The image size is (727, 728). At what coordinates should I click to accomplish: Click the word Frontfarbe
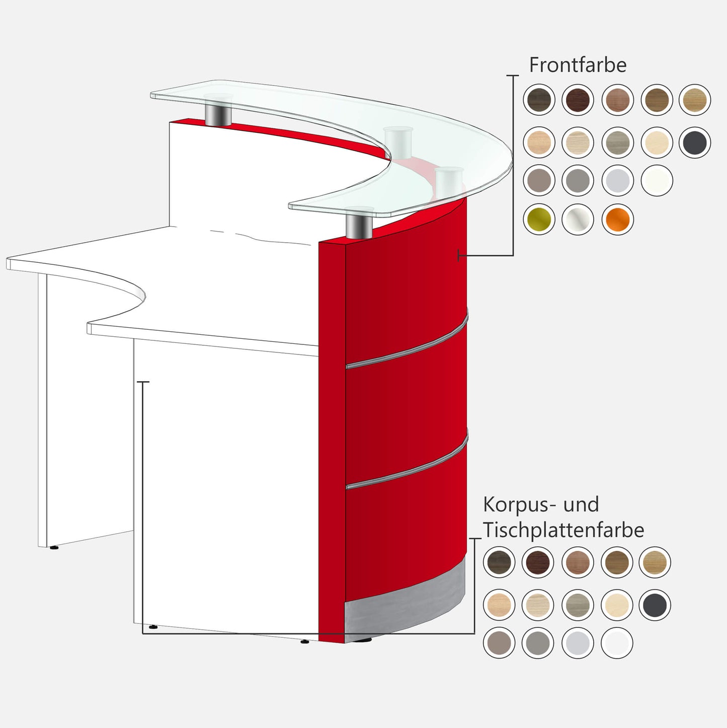(x=578, y=65)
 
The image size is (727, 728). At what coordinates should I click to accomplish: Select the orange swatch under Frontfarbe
(x=617, y=220)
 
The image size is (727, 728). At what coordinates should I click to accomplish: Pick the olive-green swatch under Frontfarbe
(x=539, y=220)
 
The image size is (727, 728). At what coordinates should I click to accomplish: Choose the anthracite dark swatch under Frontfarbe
(x=694, y=142)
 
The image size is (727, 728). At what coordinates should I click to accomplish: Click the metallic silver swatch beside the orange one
(x=578, y=220)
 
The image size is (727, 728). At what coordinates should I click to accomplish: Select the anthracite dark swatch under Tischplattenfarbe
(x=655, y=605)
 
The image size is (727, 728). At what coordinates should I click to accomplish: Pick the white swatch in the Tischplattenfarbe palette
(x=617, y=643)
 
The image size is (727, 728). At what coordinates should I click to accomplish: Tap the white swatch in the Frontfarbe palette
(x=657, y=181)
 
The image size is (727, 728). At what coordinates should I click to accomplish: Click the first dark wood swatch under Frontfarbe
(x=539, y=100)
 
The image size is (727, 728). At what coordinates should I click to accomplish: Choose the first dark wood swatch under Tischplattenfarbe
(x=499, y=562)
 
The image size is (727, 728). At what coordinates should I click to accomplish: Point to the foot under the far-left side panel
(x=54, y=547)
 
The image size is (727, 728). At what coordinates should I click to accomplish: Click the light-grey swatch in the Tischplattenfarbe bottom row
(x=578, y=643)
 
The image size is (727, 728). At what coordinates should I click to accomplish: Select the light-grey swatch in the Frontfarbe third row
(x=617, y=181)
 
